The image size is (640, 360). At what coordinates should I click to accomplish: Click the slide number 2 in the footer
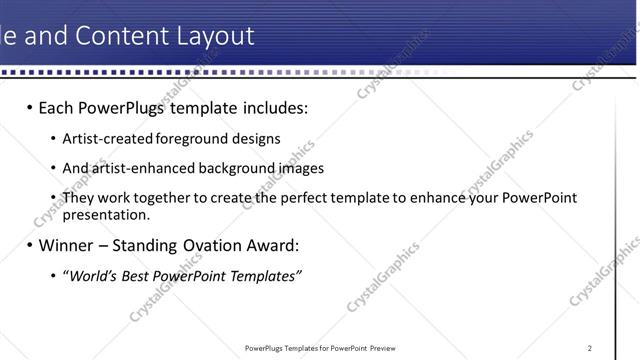(x=590, y=348)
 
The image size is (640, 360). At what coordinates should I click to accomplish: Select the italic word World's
(x=90, y=276)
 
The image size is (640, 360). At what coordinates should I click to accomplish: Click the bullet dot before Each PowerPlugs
(x=29, y=107)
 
